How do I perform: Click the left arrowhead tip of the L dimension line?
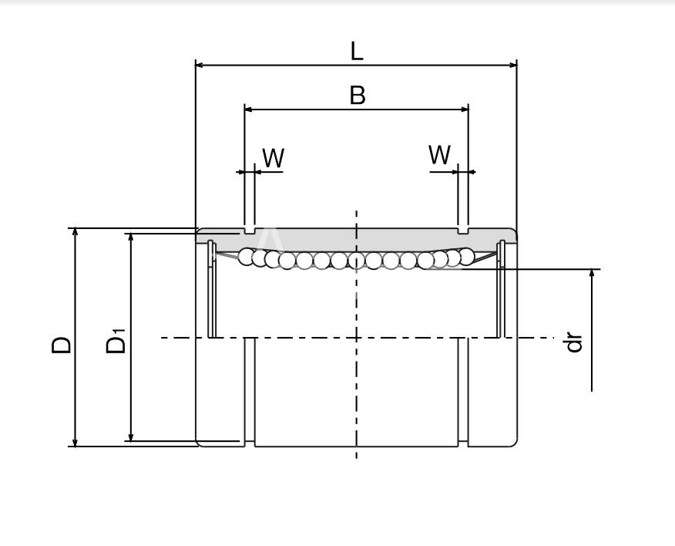pos(196,65)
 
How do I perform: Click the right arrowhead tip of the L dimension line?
pos(516,65)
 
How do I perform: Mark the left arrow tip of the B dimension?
pos(244,110)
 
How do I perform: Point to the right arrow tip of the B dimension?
pos(468,110)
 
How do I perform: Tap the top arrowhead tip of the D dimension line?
pos(75,228)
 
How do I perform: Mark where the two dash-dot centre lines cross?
pos(357,338)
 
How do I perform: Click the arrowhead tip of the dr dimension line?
pos(592,270)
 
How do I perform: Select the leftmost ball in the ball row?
pos(247,256)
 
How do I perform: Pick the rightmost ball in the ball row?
pos(466,256)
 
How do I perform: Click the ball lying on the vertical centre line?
pos(357,261)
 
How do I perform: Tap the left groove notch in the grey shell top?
pos(250,231)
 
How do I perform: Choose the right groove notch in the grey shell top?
pos(463,231)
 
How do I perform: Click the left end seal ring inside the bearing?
pos(212,288)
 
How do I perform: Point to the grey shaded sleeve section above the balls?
pos(357,239)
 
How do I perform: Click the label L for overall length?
pos(357,51)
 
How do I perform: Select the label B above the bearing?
pos(358,95)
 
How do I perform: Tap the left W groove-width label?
pos(274,158)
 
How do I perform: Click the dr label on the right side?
pos(574,342)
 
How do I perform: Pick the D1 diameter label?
pos(116,341)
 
